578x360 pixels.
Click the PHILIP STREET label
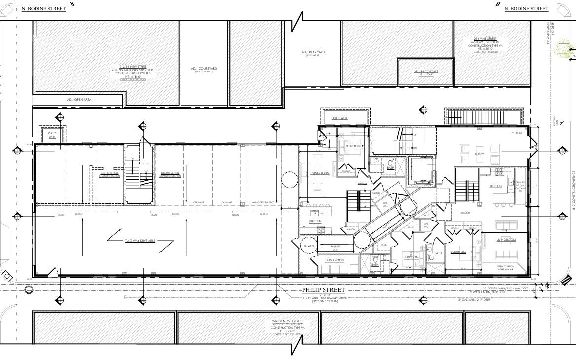pos(324,290)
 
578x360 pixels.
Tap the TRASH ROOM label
pos(334,260)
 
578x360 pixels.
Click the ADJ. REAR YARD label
pos(313,53)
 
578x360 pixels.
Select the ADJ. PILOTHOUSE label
pos(426,72)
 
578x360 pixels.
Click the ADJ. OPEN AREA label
pos(79,100)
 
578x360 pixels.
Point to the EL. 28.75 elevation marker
pos(309,246)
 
